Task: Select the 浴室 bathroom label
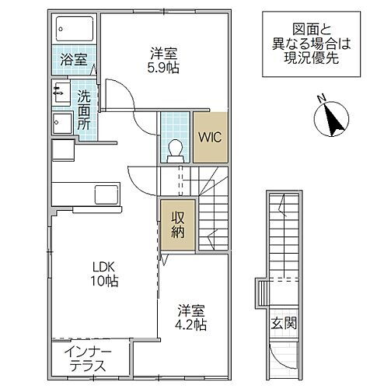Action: tap(74, 58)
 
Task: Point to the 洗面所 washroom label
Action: tap(84, 110)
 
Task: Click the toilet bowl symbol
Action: tap(175, 146)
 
